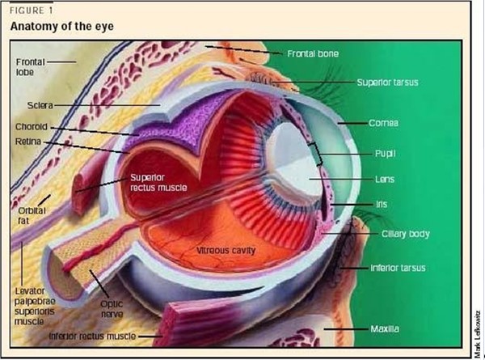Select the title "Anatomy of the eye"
(x=61, y=27)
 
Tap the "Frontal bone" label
(x=313, y=53)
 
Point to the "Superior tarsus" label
(x=388, y=83)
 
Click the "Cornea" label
(x=385, y=123)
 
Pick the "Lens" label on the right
(x=383, y=178)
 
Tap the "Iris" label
(x=382, y=205)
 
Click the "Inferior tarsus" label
(x=398, y=267)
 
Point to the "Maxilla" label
(x=386, y=328)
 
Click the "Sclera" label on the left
(x=40, y=105)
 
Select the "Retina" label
(x=29, y=142)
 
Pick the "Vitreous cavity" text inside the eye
(x=226, y=251)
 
